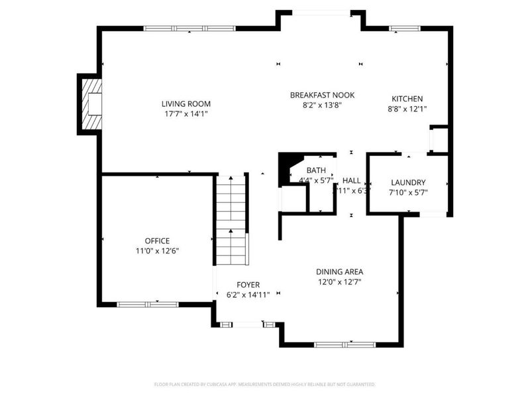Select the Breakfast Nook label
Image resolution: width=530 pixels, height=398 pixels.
click(x=322, y=95)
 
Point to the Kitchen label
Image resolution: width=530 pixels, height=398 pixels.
click(x=407, y=99)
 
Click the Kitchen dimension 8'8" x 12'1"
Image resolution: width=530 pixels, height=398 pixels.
click(x=407, y=109)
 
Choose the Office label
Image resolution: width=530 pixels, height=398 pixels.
click(x=157, y=241)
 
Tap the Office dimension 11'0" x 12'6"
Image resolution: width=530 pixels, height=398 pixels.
click(x=157, y=251)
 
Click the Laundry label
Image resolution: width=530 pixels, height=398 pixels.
click(x=408, y=182)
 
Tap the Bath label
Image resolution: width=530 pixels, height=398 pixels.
click(x=316, y=170)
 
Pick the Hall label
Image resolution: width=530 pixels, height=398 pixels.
click(x=351, y=180)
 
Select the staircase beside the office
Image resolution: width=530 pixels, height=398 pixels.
click(x=231, y=219)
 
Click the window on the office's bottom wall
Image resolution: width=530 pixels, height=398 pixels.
click(x=148, y=304)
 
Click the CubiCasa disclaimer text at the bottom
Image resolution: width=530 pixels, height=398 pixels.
click(x=265, y=384)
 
